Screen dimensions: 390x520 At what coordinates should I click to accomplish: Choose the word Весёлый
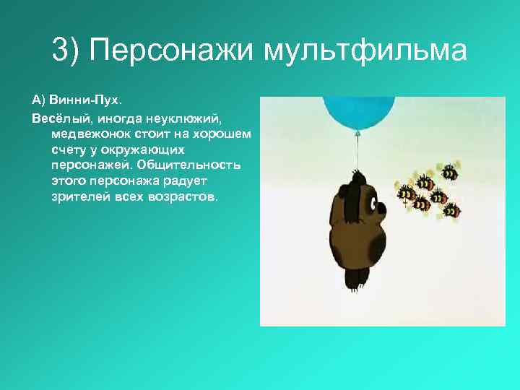[x=54, y=117]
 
